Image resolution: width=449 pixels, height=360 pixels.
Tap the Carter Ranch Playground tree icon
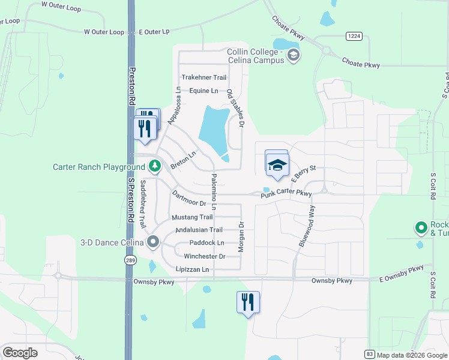[x=155, y=165]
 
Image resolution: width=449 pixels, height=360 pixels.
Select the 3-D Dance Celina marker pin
[x=153, y=242]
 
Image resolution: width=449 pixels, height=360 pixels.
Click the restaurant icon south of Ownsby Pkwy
[x=248, y=302]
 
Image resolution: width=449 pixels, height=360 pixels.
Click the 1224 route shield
[x=354, y=37]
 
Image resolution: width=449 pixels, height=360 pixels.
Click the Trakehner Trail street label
[x=204, y=77]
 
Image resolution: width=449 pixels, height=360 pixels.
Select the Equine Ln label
[x=203, y=91]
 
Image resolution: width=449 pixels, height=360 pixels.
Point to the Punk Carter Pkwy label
[x=286, y=194]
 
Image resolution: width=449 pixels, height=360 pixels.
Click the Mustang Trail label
[x=192, y=217]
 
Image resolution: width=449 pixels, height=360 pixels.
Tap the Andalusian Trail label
[x=199, y=230]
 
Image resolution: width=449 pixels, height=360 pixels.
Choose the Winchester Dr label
[x=204, y=256]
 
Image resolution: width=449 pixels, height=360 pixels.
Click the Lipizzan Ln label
[x=192, y=269]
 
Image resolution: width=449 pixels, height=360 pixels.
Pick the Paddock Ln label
[x=206, y=243]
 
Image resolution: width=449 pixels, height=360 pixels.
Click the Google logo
[x=20, y=353]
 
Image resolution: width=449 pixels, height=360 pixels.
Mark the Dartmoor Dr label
[x=188, y=199]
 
